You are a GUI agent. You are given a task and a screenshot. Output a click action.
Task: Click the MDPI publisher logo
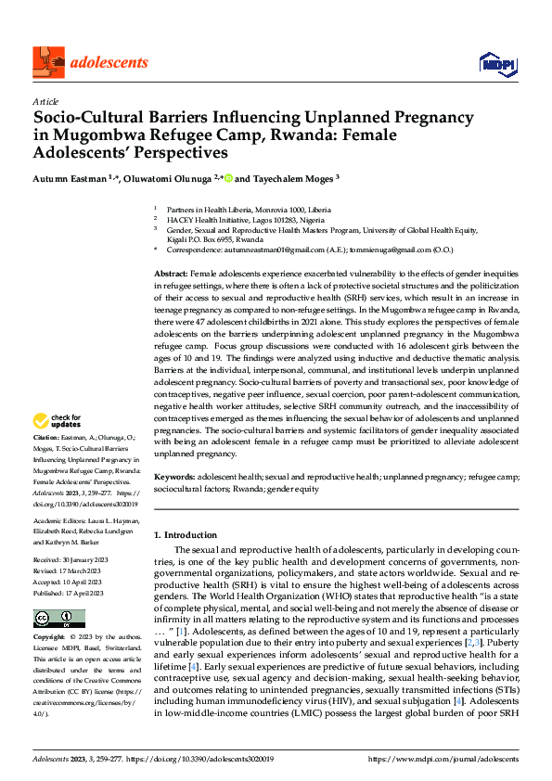click(495, 63)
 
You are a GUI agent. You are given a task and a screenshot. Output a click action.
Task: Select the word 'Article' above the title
click(45, 101)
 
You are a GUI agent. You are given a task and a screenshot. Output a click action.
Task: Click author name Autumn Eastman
click(67, 176)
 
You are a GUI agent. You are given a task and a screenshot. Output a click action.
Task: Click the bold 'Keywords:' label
click(173, 475)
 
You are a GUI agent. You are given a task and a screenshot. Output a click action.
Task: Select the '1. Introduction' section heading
click(186, 535)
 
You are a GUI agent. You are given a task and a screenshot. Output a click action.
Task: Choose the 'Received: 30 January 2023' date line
click(71, 560)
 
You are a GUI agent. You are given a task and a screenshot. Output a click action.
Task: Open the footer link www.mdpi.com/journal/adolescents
click(443, 759)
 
